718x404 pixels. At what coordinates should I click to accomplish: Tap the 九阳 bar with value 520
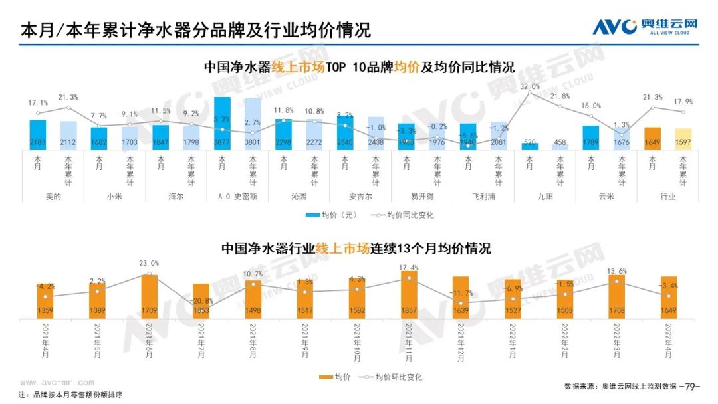(x=530, y=146)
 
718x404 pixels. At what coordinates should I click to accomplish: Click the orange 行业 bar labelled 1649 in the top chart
(x=653, y=138)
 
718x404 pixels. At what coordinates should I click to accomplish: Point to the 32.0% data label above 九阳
(x=530, y=86)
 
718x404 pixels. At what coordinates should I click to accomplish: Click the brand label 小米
(x=114, y=196)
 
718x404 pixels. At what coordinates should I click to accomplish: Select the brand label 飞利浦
(x=483, y=196)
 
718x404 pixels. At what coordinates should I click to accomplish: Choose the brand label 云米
(x=606, y=196)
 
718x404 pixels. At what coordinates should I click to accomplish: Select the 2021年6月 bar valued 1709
(x=150, y=296)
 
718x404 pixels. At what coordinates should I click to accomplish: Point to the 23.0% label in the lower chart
(x=150, y=263)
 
